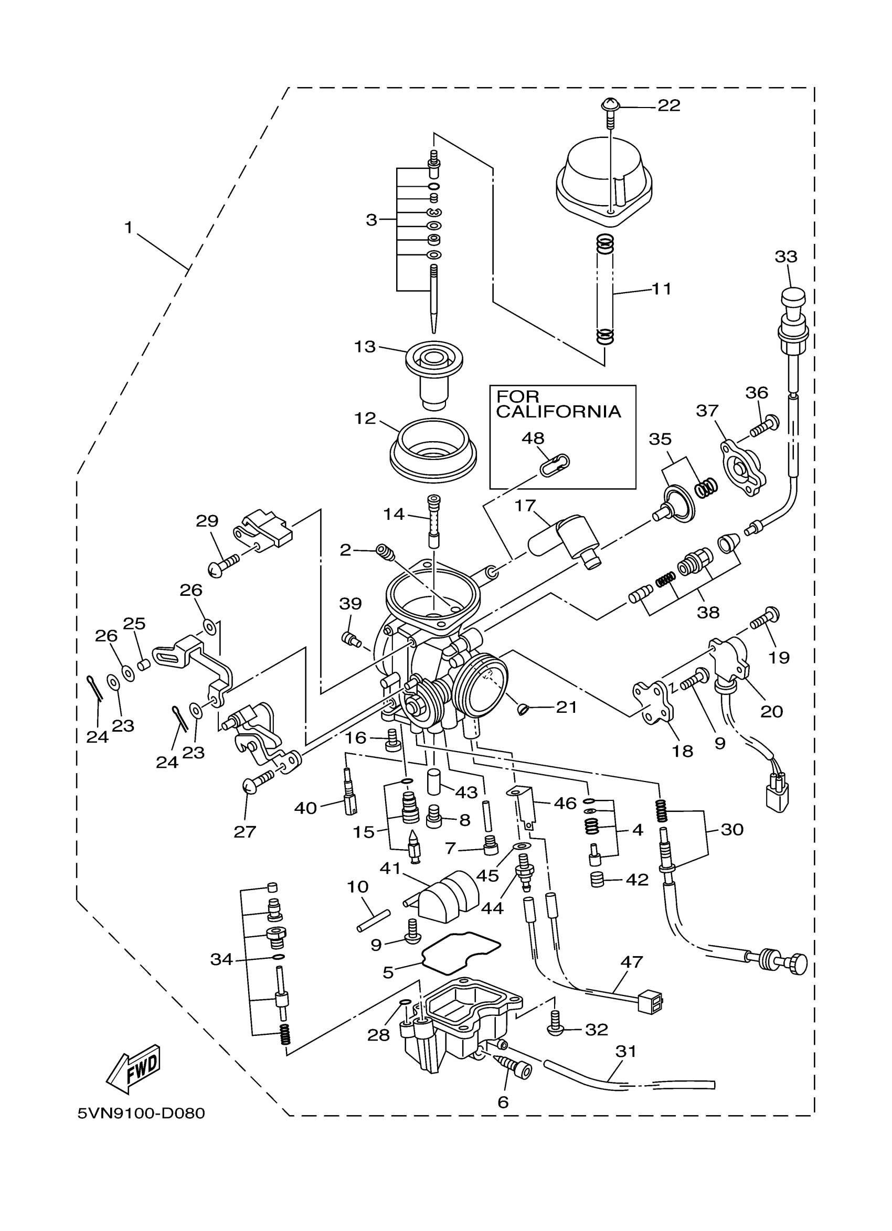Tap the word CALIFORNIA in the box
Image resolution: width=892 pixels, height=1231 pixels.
[x=558, y=412]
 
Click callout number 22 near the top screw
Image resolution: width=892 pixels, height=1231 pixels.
[x=668, y=106]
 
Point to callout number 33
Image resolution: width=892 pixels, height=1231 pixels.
[x=785, y=256]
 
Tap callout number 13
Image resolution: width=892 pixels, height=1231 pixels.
[x=365, y=346]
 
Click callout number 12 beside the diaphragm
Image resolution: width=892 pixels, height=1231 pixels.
[x=365, y=419]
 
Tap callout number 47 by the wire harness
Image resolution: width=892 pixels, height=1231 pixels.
[x=631, y=962]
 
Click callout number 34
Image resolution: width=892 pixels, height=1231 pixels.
[x=221, y=960]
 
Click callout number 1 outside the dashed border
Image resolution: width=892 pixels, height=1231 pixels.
[x=128, y=228]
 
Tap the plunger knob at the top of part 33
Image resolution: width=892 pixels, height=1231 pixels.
[x=793, y=298]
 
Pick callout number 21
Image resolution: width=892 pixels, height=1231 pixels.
[x=566, y=707]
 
